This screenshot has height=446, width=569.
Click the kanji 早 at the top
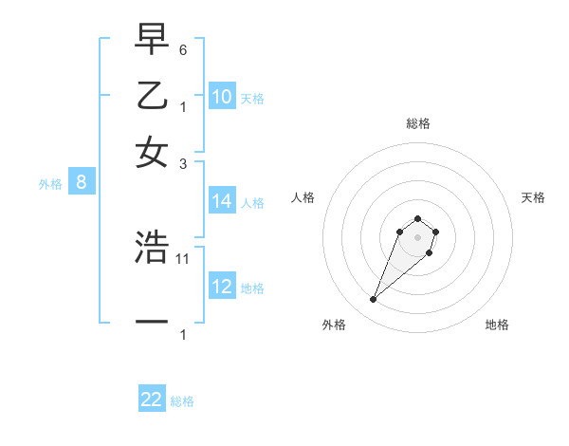(152, 41)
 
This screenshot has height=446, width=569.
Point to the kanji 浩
(152, 248)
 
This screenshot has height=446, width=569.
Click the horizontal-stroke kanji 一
(152, 323)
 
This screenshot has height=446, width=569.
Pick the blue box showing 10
(222, 97)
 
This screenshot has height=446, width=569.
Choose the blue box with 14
(222, 201)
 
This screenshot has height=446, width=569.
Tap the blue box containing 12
(222, 287)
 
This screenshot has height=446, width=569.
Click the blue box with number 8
(82, 183)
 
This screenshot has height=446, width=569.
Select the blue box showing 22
(152, 400)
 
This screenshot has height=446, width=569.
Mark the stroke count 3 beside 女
(183, 163)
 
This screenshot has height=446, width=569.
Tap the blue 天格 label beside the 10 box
(252, 99)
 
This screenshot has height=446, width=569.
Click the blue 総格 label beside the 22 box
(182, 401)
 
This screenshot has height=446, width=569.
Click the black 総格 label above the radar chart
(417, 123)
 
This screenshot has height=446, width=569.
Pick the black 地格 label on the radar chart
(497, 325)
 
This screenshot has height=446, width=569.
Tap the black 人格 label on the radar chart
(303, 197)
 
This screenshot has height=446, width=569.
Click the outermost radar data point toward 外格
(374, 300)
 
